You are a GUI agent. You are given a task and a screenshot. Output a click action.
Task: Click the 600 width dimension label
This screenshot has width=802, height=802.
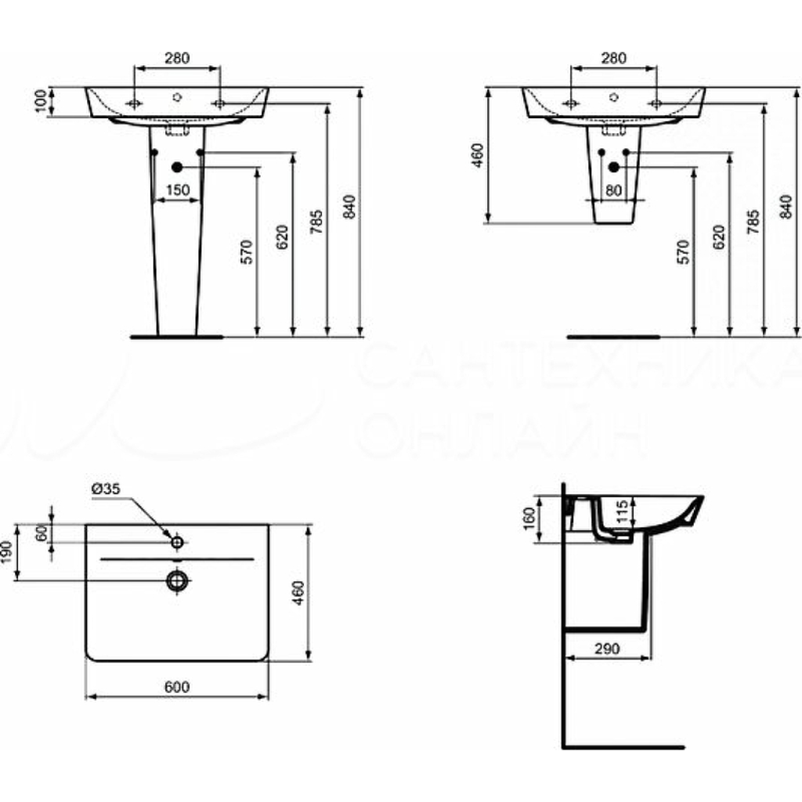pos(177,686)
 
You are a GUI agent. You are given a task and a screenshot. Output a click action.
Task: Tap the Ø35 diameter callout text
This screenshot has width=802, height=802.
pos(106,489)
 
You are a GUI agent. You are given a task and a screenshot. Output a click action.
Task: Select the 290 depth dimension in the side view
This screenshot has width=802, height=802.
pos(607,648)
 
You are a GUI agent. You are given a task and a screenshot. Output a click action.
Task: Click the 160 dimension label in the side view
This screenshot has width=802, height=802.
pos(529,518)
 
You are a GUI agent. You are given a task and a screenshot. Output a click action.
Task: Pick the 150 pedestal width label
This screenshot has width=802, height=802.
pos(178,190)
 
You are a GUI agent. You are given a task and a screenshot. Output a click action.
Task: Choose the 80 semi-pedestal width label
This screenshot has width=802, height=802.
pos(613,190)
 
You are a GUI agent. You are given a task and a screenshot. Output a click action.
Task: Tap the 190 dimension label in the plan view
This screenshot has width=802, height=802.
pos(6,552)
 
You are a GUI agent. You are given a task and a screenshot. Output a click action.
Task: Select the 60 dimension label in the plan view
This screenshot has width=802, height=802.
pos(42,533)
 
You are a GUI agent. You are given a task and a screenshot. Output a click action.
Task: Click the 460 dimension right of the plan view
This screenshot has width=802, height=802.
pos(298,592)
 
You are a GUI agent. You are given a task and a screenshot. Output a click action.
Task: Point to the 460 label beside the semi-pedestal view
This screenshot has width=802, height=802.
pos(477,156)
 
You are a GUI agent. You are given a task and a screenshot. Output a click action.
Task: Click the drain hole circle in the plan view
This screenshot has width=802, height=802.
pos(177,580)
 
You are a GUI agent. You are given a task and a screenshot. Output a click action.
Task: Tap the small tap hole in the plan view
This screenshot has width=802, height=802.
pos(177,542)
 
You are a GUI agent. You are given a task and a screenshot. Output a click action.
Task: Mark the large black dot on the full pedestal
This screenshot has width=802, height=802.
pos(177,168)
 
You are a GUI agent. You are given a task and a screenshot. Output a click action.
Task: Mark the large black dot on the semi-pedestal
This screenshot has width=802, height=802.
pos(614,168)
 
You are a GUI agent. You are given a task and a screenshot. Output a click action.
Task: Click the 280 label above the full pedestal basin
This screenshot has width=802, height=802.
pos(177,58)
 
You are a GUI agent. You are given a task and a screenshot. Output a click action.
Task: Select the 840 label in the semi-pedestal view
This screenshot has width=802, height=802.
pos(786,206)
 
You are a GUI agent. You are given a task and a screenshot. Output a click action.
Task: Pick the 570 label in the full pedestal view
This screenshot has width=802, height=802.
pos(246,251)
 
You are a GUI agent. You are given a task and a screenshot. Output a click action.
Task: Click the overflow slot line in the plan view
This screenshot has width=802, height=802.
pos(177,559)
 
